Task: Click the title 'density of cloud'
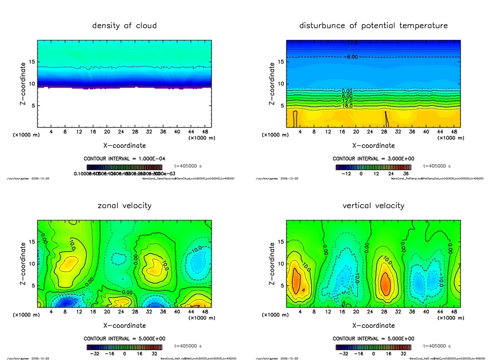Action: tap(124, 25)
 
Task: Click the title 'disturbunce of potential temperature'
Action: tap(373, 25)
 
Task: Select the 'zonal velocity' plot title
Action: tap(124, 205)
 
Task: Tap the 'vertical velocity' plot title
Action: tap(373, 205)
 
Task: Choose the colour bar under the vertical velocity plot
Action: tap(373, 347)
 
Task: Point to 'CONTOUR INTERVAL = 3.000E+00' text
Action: tap(373, 159)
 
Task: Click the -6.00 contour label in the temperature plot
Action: tap(352, 57)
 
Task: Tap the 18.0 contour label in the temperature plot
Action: tap(347, 106)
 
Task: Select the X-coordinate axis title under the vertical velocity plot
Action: tap(373, 325)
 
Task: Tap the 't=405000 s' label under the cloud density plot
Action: tap(188, 166)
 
